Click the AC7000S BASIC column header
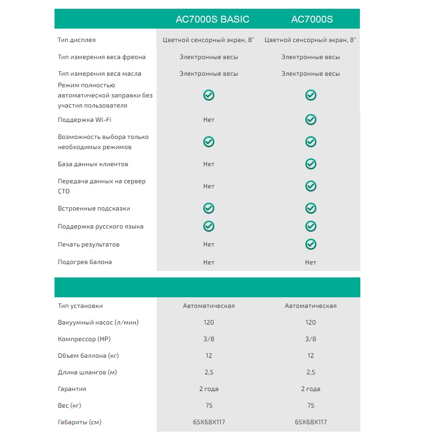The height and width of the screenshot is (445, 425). point(212,19)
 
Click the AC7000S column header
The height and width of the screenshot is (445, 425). point(312,19)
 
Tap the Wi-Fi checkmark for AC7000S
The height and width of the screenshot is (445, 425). point(311,120)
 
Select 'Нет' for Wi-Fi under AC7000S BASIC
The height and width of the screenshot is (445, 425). point(209,120)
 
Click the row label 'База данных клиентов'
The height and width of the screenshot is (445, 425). point(93,164)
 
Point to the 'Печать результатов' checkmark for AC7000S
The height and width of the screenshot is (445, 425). point(311,244)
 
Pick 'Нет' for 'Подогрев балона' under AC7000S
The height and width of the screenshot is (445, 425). point(311,262)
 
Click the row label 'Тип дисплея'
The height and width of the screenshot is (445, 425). point(77,40)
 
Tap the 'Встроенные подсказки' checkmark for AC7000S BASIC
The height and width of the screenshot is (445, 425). point(209,208)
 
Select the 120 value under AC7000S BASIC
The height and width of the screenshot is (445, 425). point(209,322)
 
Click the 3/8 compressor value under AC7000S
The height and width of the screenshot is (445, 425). point(311,339)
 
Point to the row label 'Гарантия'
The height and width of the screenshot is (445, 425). point(72,389)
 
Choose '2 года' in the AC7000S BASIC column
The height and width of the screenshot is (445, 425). point(209,389)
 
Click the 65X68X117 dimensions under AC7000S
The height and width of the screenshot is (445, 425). point(311,422)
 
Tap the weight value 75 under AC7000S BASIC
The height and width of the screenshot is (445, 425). point(209,405)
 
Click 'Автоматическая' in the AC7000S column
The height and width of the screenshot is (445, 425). point(311,306)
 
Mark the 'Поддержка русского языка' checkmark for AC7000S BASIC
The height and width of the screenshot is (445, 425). point(209,226)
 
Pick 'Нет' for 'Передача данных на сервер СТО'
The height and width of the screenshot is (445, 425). point(209,186)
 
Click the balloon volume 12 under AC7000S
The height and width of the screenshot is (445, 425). point(311,355)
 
